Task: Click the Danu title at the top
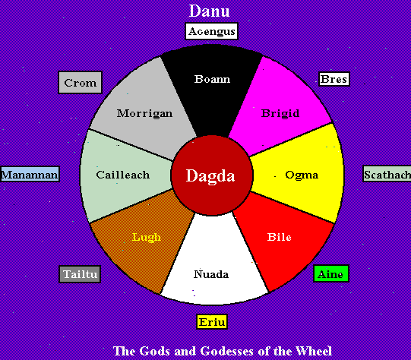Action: (x=209, y=11)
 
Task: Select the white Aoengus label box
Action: (x=211, y=31)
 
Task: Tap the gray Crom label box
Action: (x=81, y=83)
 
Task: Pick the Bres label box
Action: (x=334, y=79)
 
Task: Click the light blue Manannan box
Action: (x=30, y=174)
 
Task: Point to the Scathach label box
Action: (x=387, y=174)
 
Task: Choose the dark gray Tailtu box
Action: (x=80, y=274)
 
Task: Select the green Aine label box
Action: (x=331, y=274)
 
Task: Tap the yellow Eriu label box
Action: (x=212, y=322)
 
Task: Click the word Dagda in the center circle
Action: (x=210, y=175)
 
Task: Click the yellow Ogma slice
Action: (x=299, y=174)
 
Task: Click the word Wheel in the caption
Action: (x=314, y=351)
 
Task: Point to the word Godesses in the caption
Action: (x=226, y=351)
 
